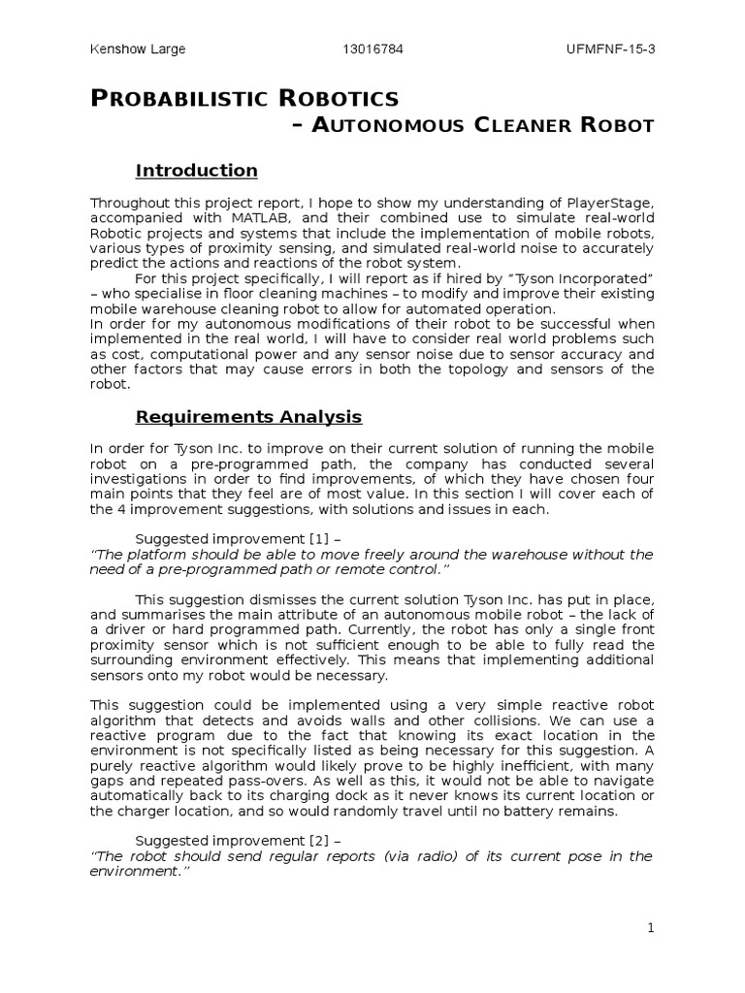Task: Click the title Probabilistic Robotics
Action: [x=244, y=98]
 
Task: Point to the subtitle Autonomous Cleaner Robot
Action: [x=473, y=125]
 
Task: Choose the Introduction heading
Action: [x=197, y=171]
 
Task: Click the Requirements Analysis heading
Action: [x=248, y=417]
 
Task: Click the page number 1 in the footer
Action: [x=652, y=928]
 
